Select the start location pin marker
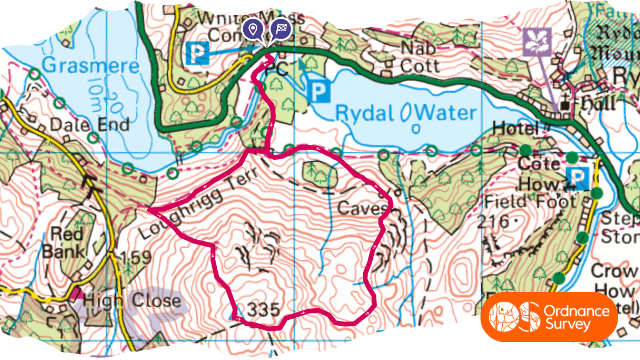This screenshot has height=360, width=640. (x=255, y=31)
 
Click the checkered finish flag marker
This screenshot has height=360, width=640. (x=279, y=31)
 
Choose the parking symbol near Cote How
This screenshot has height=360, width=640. (x=576, y=178)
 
